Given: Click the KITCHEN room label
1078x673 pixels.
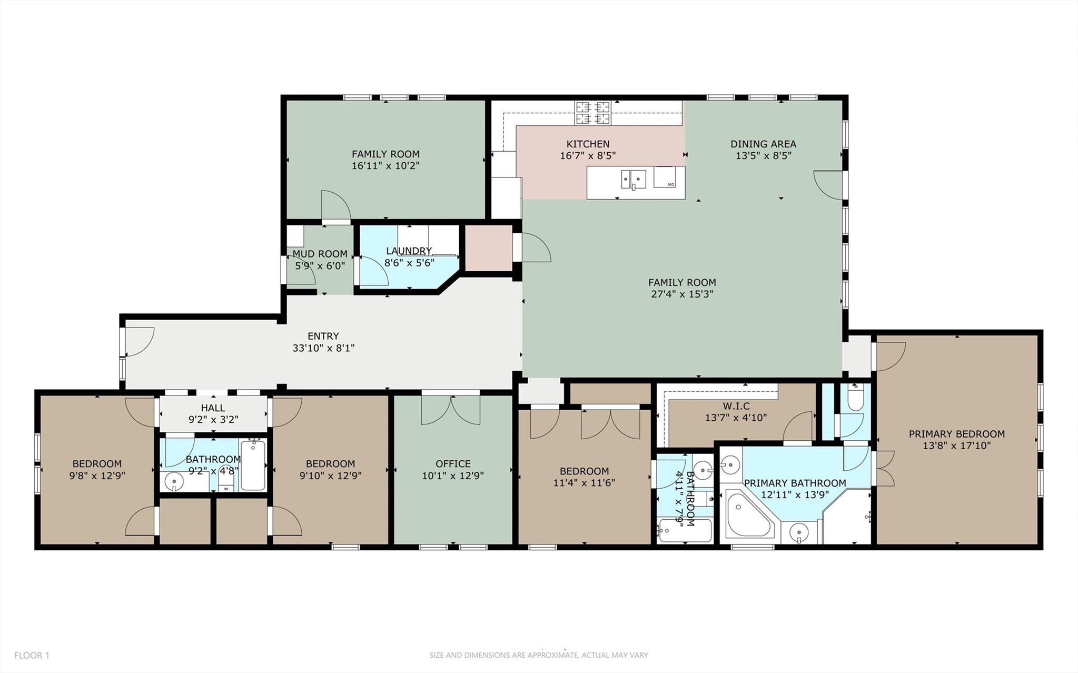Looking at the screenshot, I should pyautogui.click(x=588, y=144).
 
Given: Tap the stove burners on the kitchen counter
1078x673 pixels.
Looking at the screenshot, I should pyautogui.click(x=593, y=113).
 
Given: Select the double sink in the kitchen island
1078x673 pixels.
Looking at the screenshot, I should pyautogui.click(x=634, y=180).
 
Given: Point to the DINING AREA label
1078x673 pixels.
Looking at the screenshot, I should pyautogui.click(x=763, y=144).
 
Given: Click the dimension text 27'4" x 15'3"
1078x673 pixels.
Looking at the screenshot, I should pyautogui.click(x=682, y=294).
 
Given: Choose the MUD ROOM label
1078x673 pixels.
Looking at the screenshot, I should pyautogui.click(x=320, y=254).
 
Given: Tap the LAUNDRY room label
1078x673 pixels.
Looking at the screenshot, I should pyautogui.click(x=409, y=251).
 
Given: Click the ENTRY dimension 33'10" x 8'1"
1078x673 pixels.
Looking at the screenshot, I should pyautogui.click(x=323, y=348).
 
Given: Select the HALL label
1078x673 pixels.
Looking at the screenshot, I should pyautogui.click(x=213, y=408).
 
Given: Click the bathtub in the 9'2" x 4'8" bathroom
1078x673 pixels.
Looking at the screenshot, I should pyautogui.click(x=253, y=465).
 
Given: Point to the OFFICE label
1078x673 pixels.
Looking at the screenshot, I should pyautogui.click(x=452, y=464).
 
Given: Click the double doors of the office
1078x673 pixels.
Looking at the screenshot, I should pyautogui.click(x=451, y=410).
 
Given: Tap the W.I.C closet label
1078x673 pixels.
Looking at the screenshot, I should pyautogui.click(x=736, y=406).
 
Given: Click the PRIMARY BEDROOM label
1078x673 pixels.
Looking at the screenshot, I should pyautogui.click(x=956, y=434).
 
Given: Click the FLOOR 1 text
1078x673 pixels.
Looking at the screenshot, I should pyautogui.click(x=32, y=656).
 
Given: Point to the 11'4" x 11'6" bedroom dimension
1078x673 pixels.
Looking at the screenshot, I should pyautogui.click(x=584, y=483).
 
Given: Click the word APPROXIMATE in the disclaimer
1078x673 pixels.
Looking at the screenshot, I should pyautogui.click(x=551, y=656).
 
